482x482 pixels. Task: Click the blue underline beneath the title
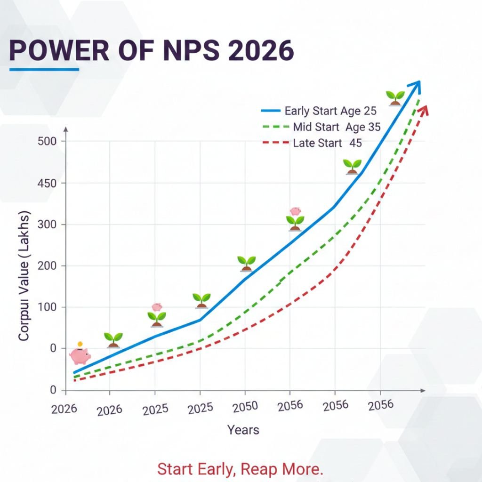[44, 70]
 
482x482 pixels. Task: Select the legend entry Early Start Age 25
[330, 111]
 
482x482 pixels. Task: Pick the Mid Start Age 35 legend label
[336, 127]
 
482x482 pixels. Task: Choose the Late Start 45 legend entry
[327, 143]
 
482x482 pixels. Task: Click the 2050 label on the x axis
[245, 407]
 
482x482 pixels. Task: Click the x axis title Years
[243, 430]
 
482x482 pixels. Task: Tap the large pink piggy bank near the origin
[80, 356]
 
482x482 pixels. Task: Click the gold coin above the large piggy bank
[80, 345]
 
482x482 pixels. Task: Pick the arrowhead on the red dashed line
[423, 111]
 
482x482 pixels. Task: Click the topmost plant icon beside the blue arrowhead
[395, 97]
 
